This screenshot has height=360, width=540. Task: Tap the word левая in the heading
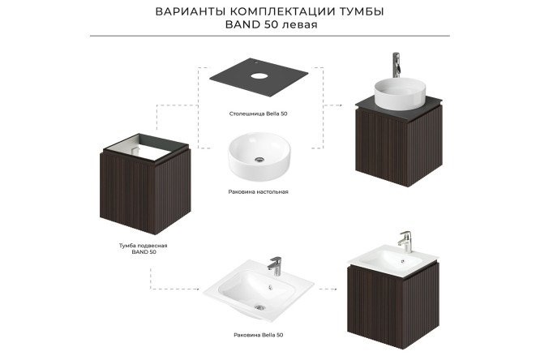[x=300, y=24]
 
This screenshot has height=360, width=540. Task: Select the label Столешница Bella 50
[x=259, y=114]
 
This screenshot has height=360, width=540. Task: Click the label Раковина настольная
[x=259, y=192]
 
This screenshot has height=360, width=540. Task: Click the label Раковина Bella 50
[x=259, y=333]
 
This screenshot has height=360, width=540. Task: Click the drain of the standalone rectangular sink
[x=259, y=307]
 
